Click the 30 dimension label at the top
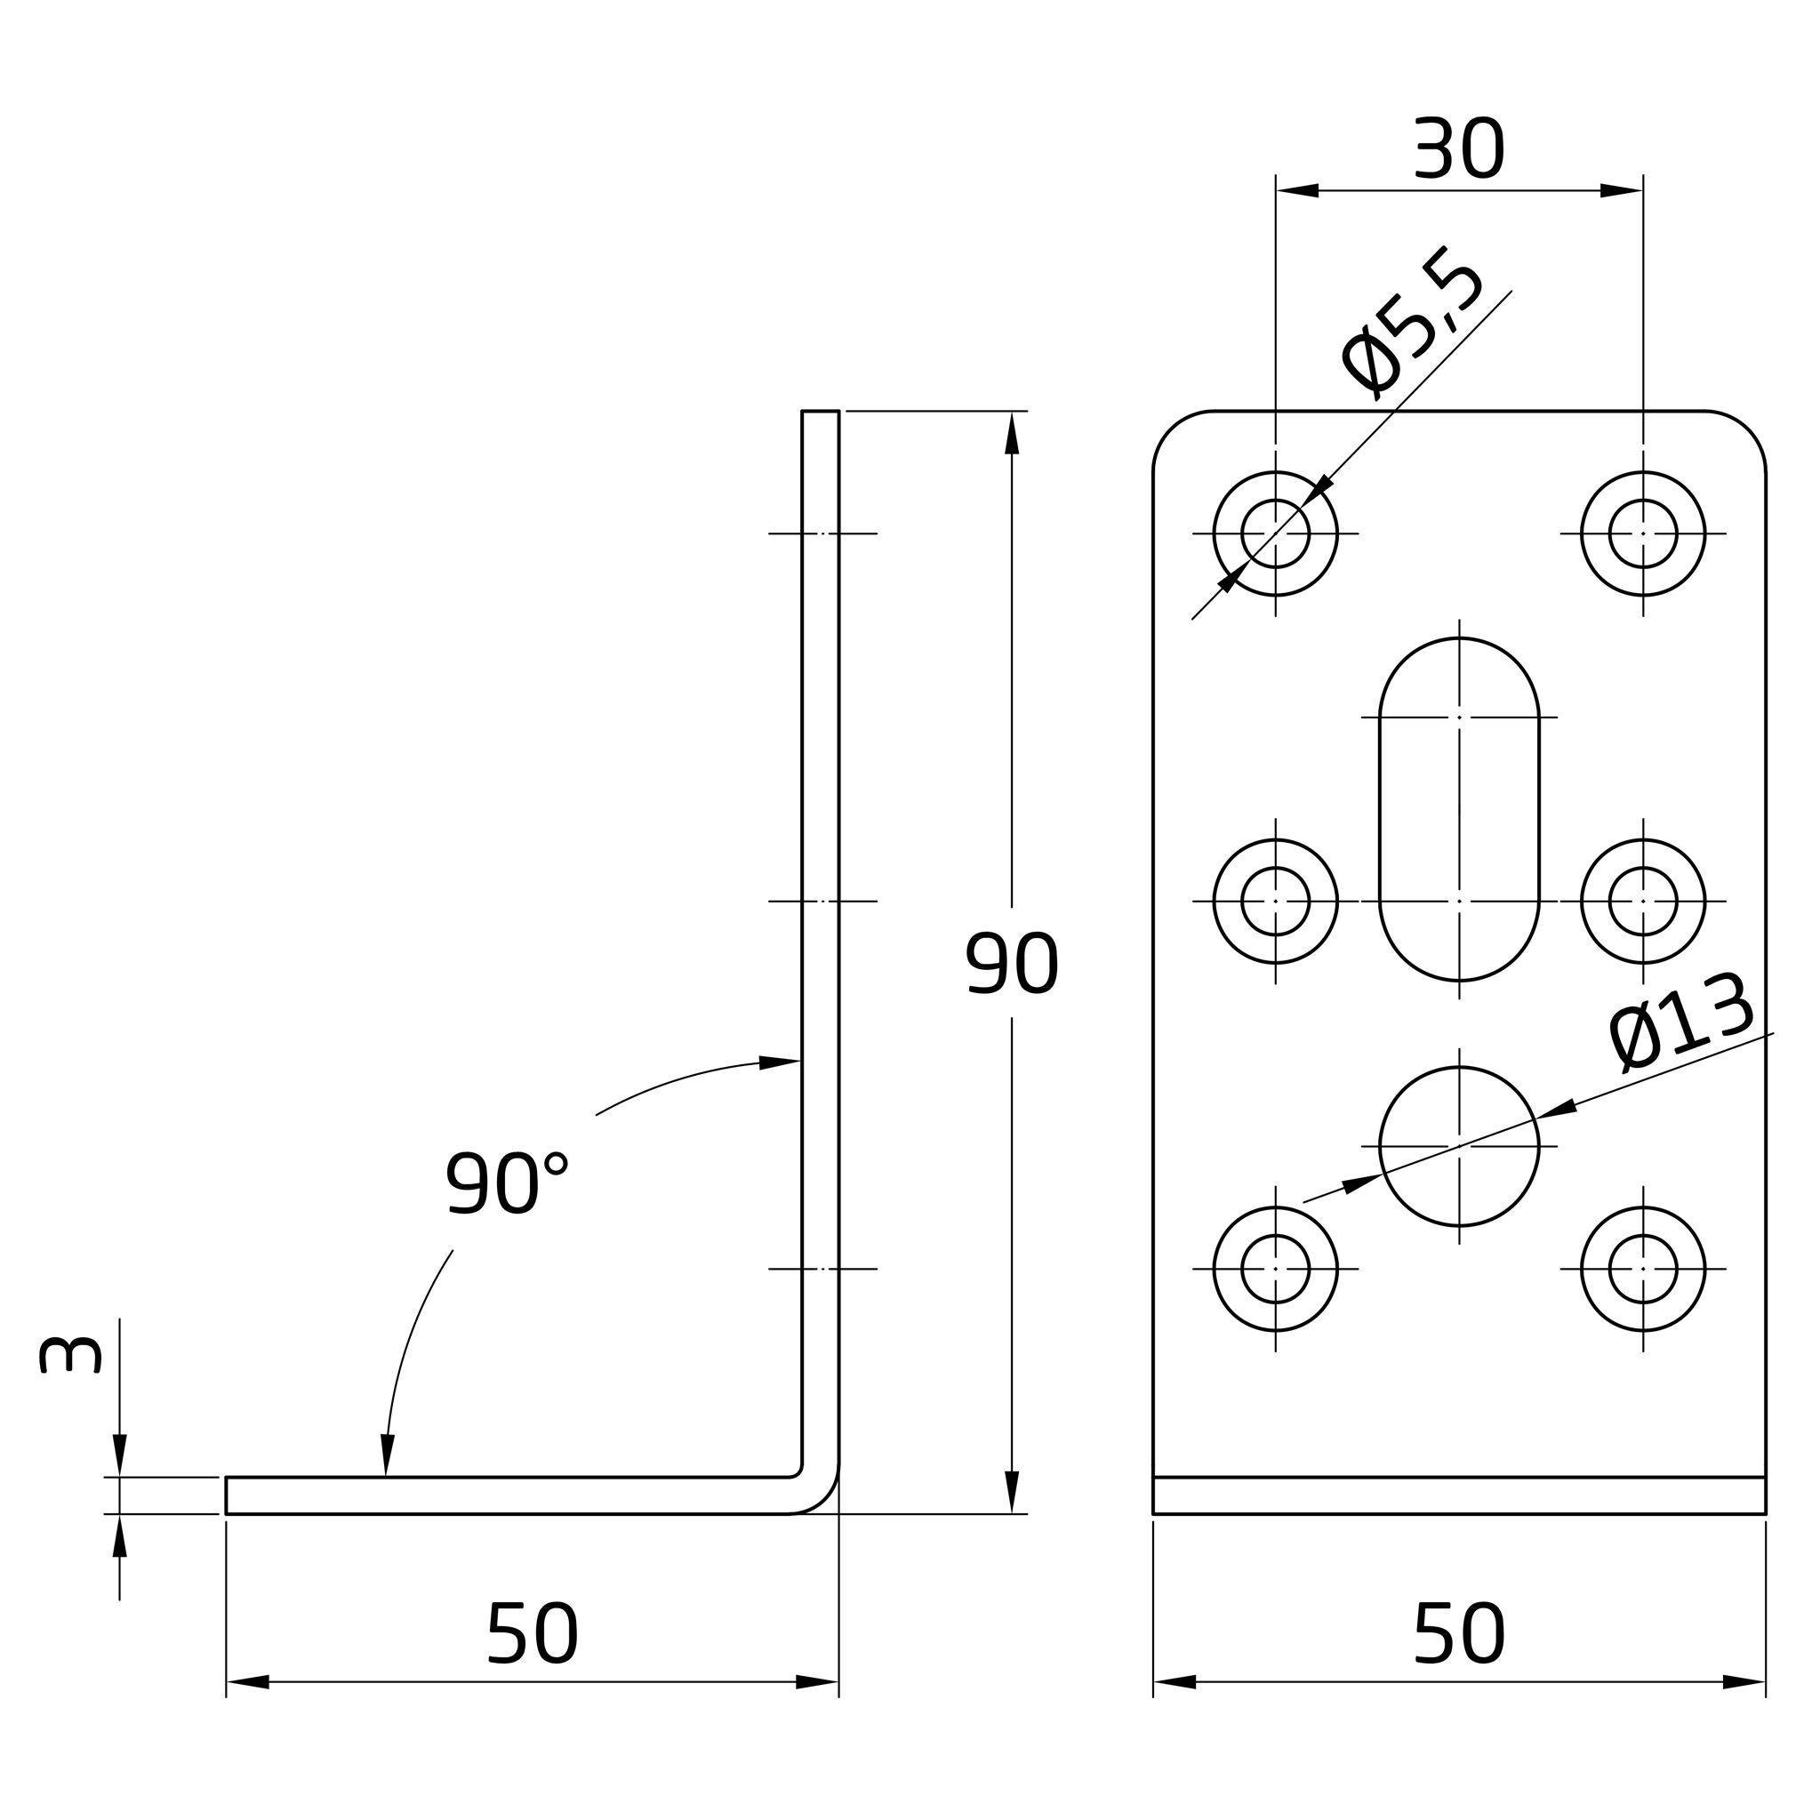click(1459, 148)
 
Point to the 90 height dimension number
click(1013, 964)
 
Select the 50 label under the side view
click(533, 1634)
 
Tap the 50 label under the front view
click(1459, 1634)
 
